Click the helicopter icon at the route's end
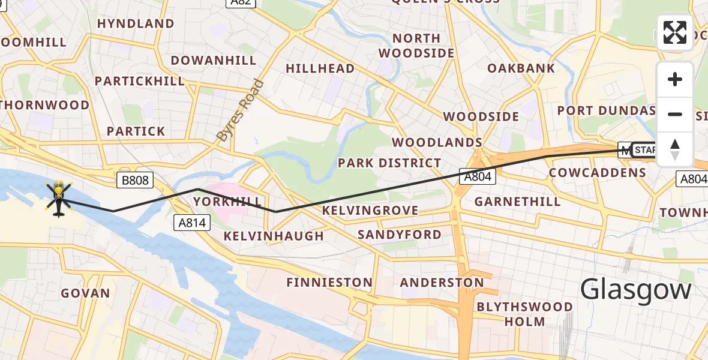(58, 199)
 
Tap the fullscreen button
(675, 32)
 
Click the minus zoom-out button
(675, 114)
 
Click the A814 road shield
(193, 223)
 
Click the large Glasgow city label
(636, 290)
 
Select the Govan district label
(86, 293)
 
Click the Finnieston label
(329, 282)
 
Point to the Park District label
(389, 163)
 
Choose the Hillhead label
(320, 69)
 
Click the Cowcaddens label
(598, 173)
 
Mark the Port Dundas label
(607, 111)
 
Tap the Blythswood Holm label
(524, 314)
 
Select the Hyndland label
(136, 24)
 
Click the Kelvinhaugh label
(274, 236)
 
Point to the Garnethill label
(517, 202)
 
